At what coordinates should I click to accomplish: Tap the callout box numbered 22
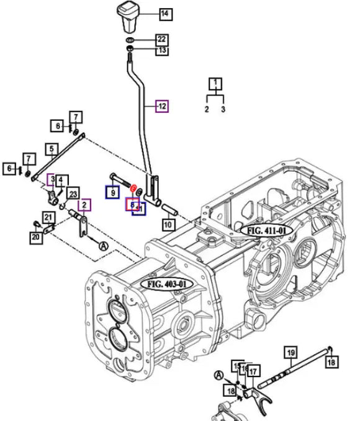(x=161, y=39)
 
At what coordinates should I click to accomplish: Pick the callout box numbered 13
(x=161, y=50)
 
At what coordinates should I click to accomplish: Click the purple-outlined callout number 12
(x=161, y=106)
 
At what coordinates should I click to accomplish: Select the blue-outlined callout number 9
(x=113, y=193)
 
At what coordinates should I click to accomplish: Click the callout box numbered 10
(x=168, y=224)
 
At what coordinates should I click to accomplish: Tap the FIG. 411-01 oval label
(x=266, y=230)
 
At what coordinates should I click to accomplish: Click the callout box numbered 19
(x=290, y=354)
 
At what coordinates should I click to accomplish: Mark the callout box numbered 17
(x=253, y=371)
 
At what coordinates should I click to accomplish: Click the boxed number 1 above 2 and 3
(x=215, y=83)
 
